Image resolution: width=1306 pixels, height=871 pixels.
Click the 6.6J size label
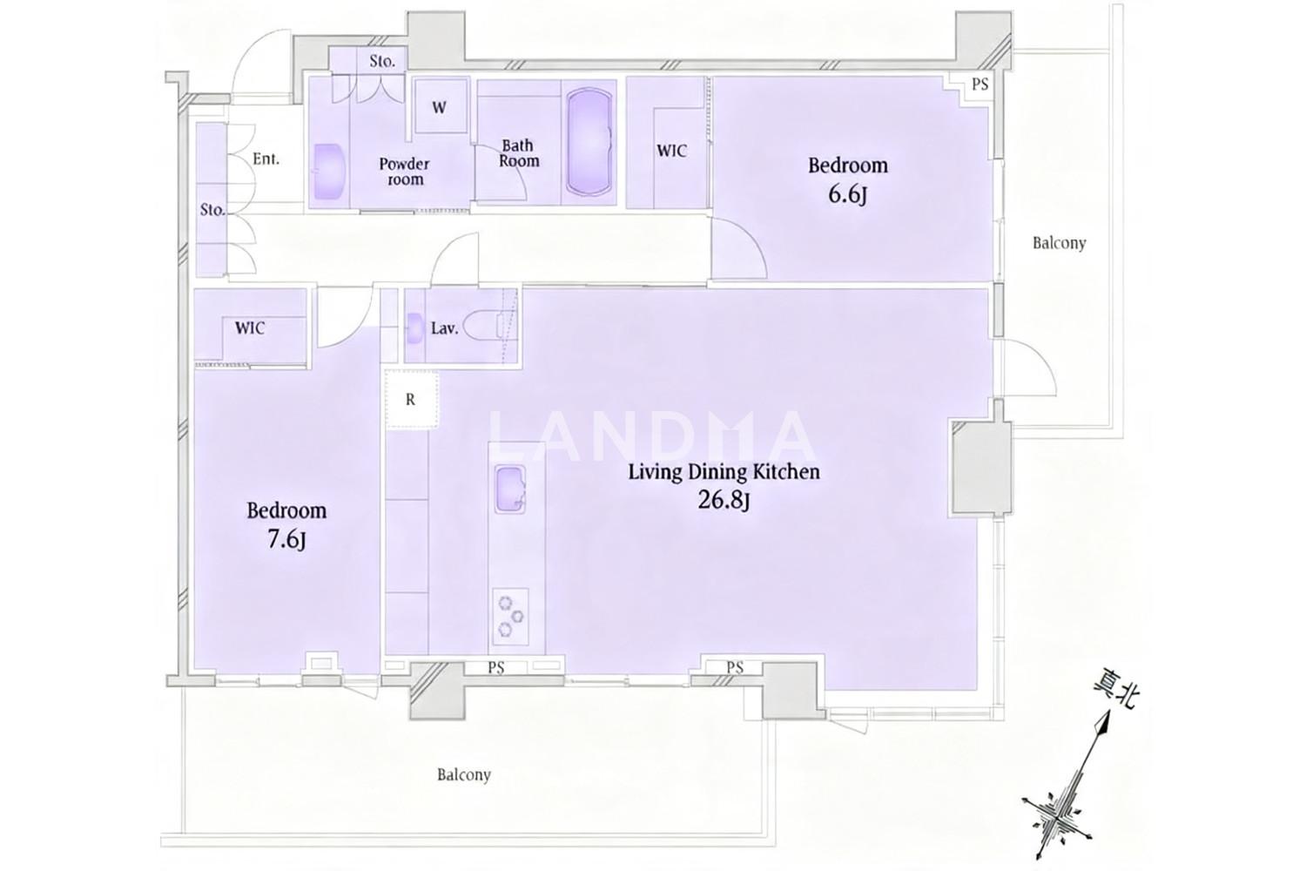tap(847, 195)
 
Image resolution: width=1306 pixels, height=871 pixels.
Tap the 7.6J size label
tap(286, 540)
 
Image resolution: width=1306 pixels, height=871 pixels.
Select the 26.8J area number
tap(724, 500)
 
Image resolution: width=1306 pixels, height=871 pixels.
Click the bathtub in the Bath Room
tap(590, 141)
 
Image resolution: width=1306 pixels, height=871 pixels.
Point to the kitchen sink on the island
tap(510, 489)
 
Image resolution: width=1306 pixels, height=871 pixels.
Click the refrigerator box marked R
tap(411, 400)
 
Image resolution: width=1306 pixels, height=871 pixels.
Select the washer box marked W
tap(441, 106)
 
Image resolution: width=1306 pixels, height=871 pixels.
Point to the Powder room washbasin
tap(328, 172)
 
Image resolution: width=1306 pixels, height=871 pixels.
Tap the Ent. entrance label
tap(266, 159)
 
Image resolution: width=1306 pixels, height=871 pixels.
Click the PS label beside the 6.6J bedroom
tap(980, 84)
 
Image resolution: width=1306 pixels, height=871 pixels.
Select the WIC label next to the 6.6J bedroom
tap(671, 151)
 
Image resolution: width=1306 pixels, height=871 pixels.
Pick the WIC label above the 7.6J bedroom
tap(250, 327)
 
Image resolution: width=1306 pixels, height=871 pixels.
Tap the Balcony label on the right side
tap(1059, 243)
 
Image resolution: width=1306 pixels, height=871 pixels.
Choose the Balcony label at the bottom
tap(464, 774)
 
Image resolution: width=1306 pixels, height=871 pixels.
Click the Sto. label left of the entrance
tap(212, 210)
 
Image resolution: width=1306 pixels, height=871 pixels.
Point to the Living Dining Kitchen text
tap(724, 471)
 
